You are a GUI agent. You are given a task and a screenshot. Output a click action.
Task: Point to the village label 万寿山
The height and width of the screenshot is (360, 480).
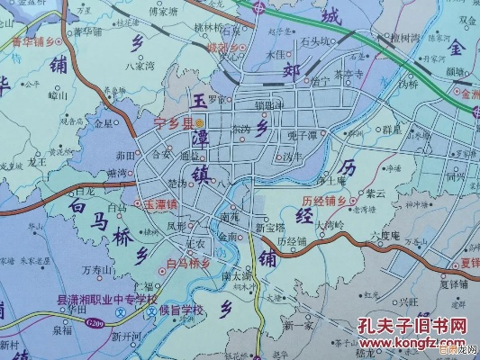pyautogui.click(x=97, y=269)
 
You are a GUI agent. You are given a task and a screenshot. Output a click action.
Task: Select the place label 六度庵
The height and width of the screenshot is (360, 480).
pyautogui.click(x=385, y=236)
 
